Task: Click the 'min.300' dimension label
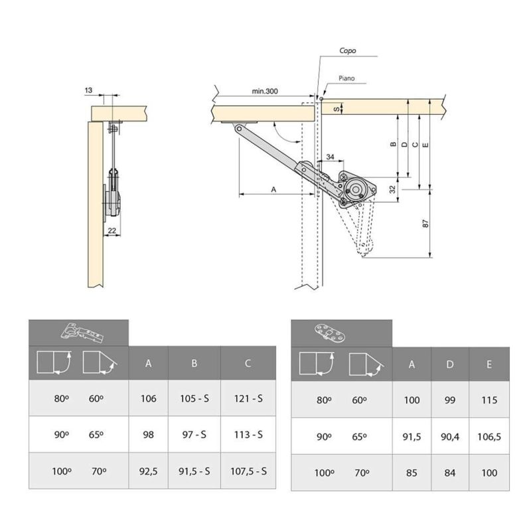tap(265, 92)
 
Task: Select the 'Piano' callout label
tap(346, 78)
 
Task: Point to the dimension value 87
tap(425, 224)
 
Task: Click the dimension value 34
tap(330, 156)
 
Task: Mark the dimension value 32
tap(393, 189)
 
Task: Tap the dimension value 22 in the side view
tap(112, 230)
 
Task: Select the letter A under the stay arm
tap(273, 189)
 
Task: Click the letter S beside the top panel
tap(336, 108)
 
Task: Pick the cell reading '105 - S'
tap(194, 399)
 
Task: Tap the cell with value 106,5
tap(489, 437)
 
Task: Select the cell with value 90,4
tap(450, 437)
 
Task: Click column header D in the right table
tap(450, 364)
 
